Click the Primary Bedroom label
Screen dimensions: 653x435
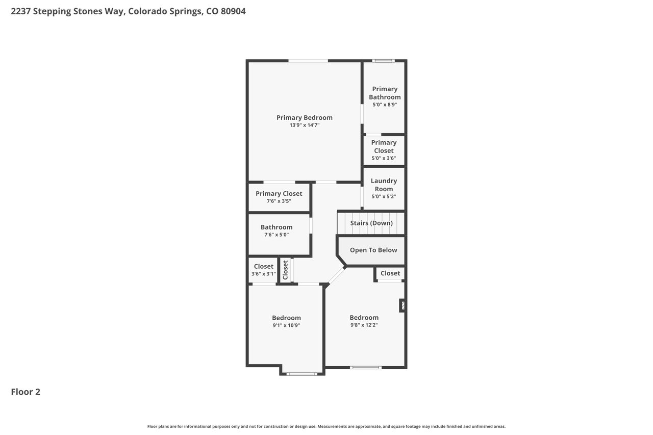pyautogui.click(x=305, y=118)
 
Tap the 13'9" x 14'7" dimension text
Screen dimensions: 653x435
pyautogui.click(x=305, y=125)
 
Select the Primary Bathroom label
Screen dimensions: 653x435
pyautogui.click(x=385, y=93)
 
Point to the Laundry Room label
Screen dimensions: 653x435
pyautogui.click(x=384, y=185)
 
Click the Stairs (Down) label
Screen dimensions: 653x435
pyautogui.click(x=371, y=223)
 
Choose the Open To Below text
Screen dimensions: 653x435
pyautogui.click(x=373, y=250)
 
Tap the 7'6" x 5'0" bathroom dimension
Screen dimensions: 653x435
pyautogui.click(x=277, y=235)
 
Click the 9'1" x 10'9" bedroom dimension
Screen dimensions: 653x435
pyautogui.click(x=286, y=325)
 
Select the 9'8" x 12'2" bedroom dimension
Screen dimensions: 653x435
pyautogui.click(x=364, y=325)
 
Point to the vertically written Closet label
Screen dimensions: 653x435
pyautogui.click(x=285, y=270)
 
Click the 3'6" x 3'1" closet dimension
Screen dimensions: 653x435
pyautogui.click(x=264, y=274)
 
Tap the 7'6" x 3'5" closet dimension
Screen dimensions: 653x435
pyautogui.click(x=279, y=201)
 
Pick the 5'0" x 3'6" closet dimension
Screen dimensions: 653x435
pyautogui.click(x=384, y=158)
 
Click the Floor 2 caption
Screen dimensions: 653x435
pyautogui.click(x=26, y=392)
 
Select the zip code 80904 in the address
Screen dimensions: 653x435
pyautogui.click(x=233, y=11)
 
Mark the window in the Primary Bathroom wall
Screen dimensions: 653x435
pyautogui.click(x=383, y=61)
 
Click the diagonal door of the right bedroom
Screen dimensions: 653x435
pyautogui.click(x=336, y=275)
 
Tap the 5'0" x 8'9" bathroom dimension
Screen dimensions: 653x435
pyautogui.click(x=385, y=105)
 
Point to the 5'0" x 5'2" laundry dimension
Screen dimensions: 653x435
pyautogui.click(x=384, y=197)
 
